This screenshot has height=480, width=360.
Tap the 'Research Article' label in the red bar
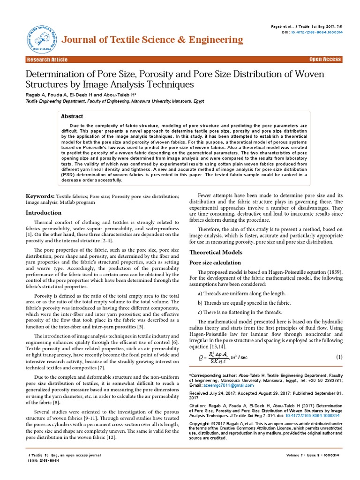[47, 60]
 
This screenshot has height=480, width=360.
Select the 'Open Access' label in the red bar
[325, 60]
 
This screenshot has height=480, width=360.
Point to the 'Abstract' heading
[72, 116]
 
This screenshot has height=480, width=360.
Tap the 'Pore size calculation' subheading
[215, 262]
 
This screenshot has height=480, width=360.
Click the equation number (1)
[340, 357]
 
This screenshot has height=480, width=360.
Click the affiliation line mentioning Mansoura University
[115, 101]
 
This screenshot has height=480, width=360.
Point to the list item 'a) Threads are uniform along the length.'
[241, 293]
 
